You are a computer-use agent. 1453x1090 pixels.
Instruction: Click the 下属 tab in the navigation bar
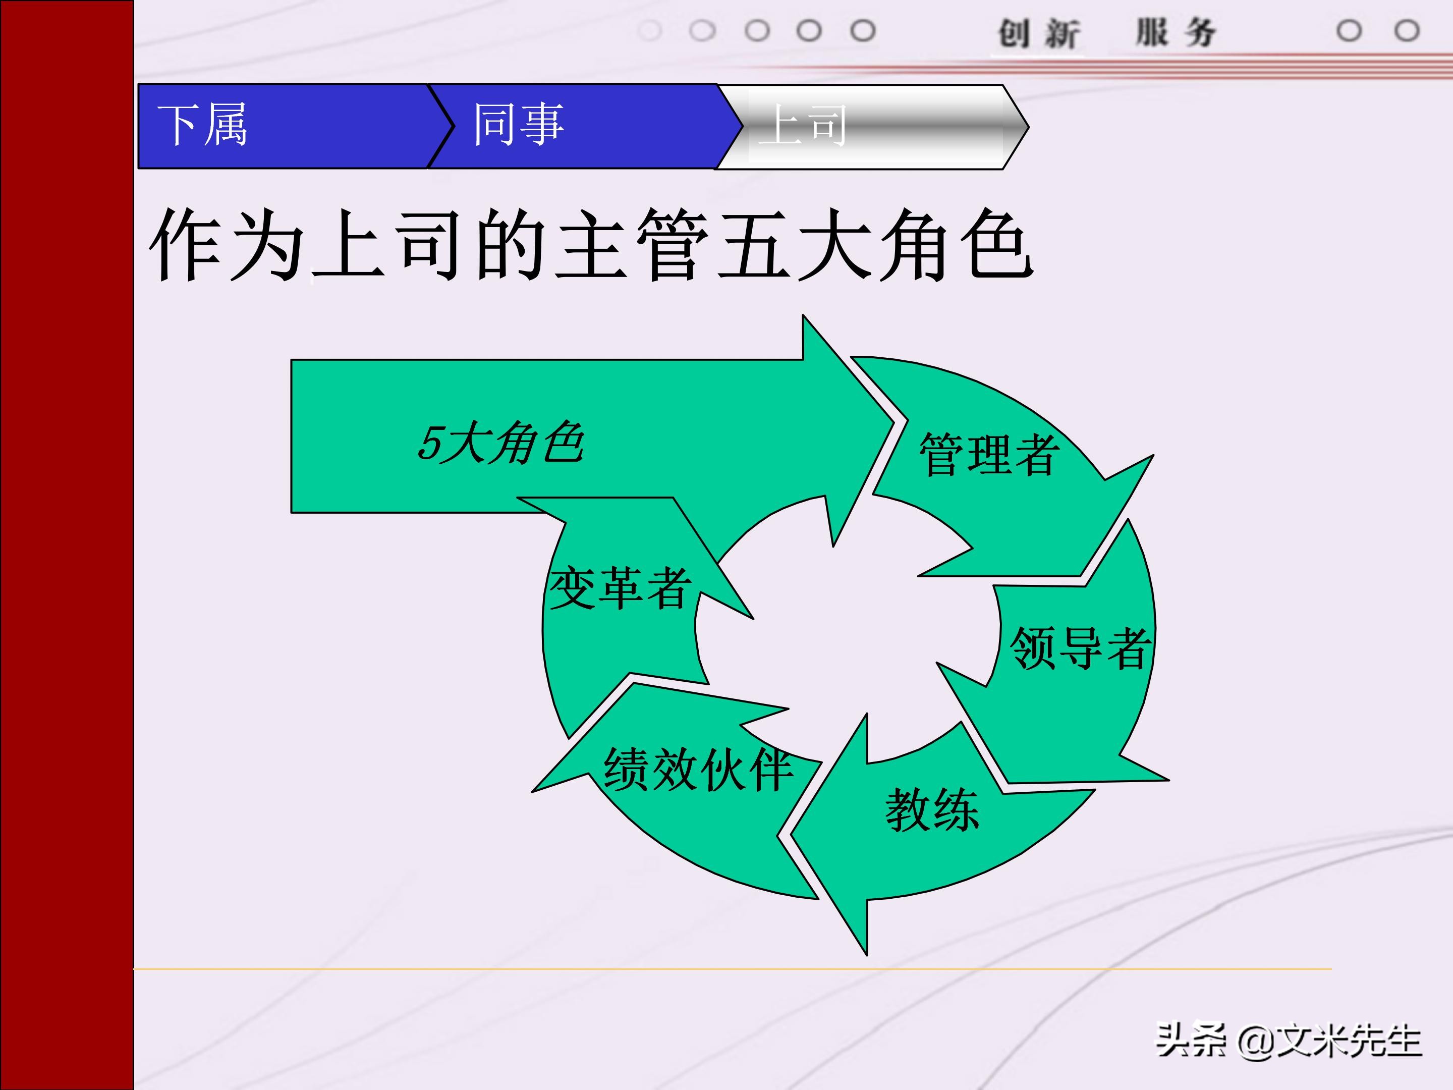pos(202,125)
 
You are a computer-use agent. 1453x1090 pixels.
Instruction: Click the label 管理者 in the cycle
pos(988,455)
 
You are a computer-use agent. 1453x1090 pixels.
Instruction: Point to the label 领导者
pos(1079,648)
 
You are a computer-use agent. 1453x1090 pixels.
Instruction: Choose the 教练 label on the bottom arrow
pos(931,810)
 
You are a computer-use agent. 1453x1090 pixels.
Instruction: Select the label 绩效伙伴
pos(698,770)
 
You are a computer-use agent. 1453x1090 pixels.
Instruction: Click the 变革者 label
pos(620,588)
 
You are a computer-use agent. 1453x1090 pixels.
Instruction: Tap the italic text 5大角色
pos(500,443)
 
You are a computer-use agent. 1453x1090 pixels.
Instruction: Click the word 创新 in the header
pos(1038,33)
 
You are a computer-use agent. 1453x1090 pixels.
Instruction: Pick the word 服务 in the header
pos(1176,33)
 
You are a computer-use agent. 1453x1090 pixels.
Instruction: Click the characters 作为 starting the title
pos(227,244)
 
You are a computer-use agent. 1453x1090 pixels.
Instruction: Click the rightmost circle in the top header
pos(1407,30)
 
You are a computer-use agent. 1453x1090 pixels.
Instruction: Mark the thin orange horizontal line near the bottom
pos(722,968)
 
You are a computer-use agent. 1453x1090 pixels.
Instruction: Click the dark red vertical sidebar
pos(66,546)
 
